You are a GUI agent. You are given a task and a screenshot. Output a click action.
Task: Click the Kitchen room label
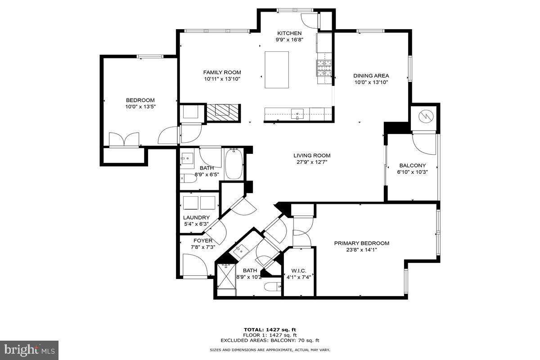289,33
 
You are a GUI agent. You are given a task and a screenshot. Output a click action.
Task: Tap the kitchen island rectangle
276,70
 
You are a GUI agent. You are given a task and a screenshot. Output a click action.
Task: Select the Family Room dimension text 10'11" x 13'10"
222,79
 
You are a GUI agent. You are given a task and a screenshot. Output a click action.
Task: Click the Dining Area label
371,76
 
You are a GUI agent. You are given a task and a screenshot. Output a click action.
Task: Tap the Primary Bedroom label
361,243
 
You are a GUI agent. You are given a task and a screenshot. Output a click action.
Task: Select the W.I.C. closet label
298,270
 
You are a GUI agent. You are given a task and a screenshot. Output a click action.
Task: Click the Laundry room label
196,218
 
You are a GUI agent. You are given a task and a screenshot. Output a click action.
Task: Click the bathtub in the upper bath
234,164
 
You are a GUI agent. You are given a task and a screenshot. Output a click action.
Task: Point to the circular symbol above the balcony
424,117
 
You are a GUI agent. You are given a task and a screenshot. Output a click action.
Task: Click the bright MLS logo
29,350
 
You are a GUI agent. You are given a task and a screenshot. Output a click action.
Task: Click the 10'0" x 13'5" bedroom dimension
140,107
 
